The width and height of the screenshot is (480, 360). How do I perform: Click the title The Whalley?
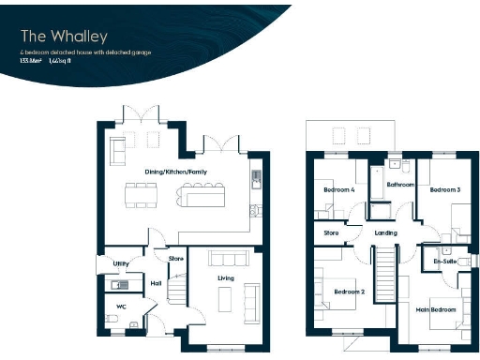tap(58, 36)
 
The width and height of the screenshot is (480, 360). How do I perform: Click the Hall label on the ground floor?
tap(156, 282)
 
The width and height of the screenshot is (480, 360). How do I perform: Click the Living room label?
tap(225, 277)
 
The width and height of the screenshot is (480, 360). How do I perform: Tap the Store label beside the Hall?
tap(175, 258)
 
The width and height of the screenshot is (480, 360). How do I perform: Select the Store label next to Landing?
tap(330, 232)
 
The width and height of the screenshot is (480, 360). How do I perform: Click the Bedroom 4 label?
tap(337, 190)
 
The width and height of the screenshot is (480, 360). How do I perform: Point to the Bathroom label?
tap(400, 185)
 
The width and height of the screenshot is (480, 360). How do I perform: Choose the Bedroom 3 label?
tap(444, 190)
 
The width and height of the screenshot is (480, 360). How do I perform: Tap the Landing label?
tap(385, 232)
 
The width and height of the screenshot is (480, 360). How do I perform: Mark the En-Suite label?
tap(444, 262)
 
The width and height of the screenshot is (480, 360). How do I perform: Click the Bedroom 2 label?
tap(349, 292)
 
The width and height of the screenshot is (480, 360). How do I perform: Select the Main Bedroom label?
tap(436, 308)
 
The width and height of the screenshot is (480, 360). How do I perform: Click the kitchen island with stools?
tap(201, 196)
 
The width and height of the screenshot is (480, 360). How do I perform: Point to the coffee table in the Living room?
tap(223, 299)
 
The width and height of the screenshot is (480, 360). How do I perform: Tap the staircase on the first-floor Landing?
tap(384, 272)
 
